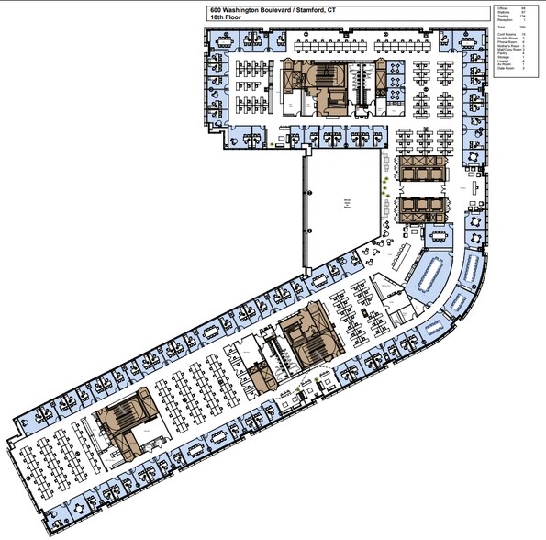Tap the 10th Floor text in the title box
(225, 19)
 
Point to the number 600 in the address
(215, 11)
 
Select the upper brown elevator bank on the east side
(421, 173)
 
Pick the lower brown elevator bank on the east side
(421, 209)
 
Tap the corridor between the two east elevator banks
(421, 191)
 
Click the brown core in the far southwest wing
(126, 420)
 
